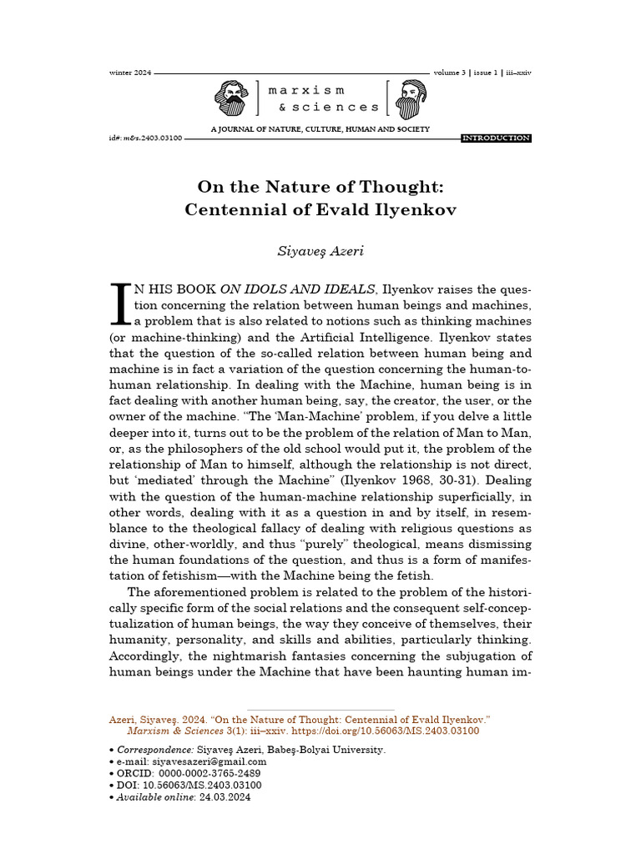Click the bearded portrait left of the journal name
(231, 98)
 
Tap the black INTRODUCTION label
(496, 138)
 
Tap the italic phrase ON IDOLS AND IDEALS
(297, 289)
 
